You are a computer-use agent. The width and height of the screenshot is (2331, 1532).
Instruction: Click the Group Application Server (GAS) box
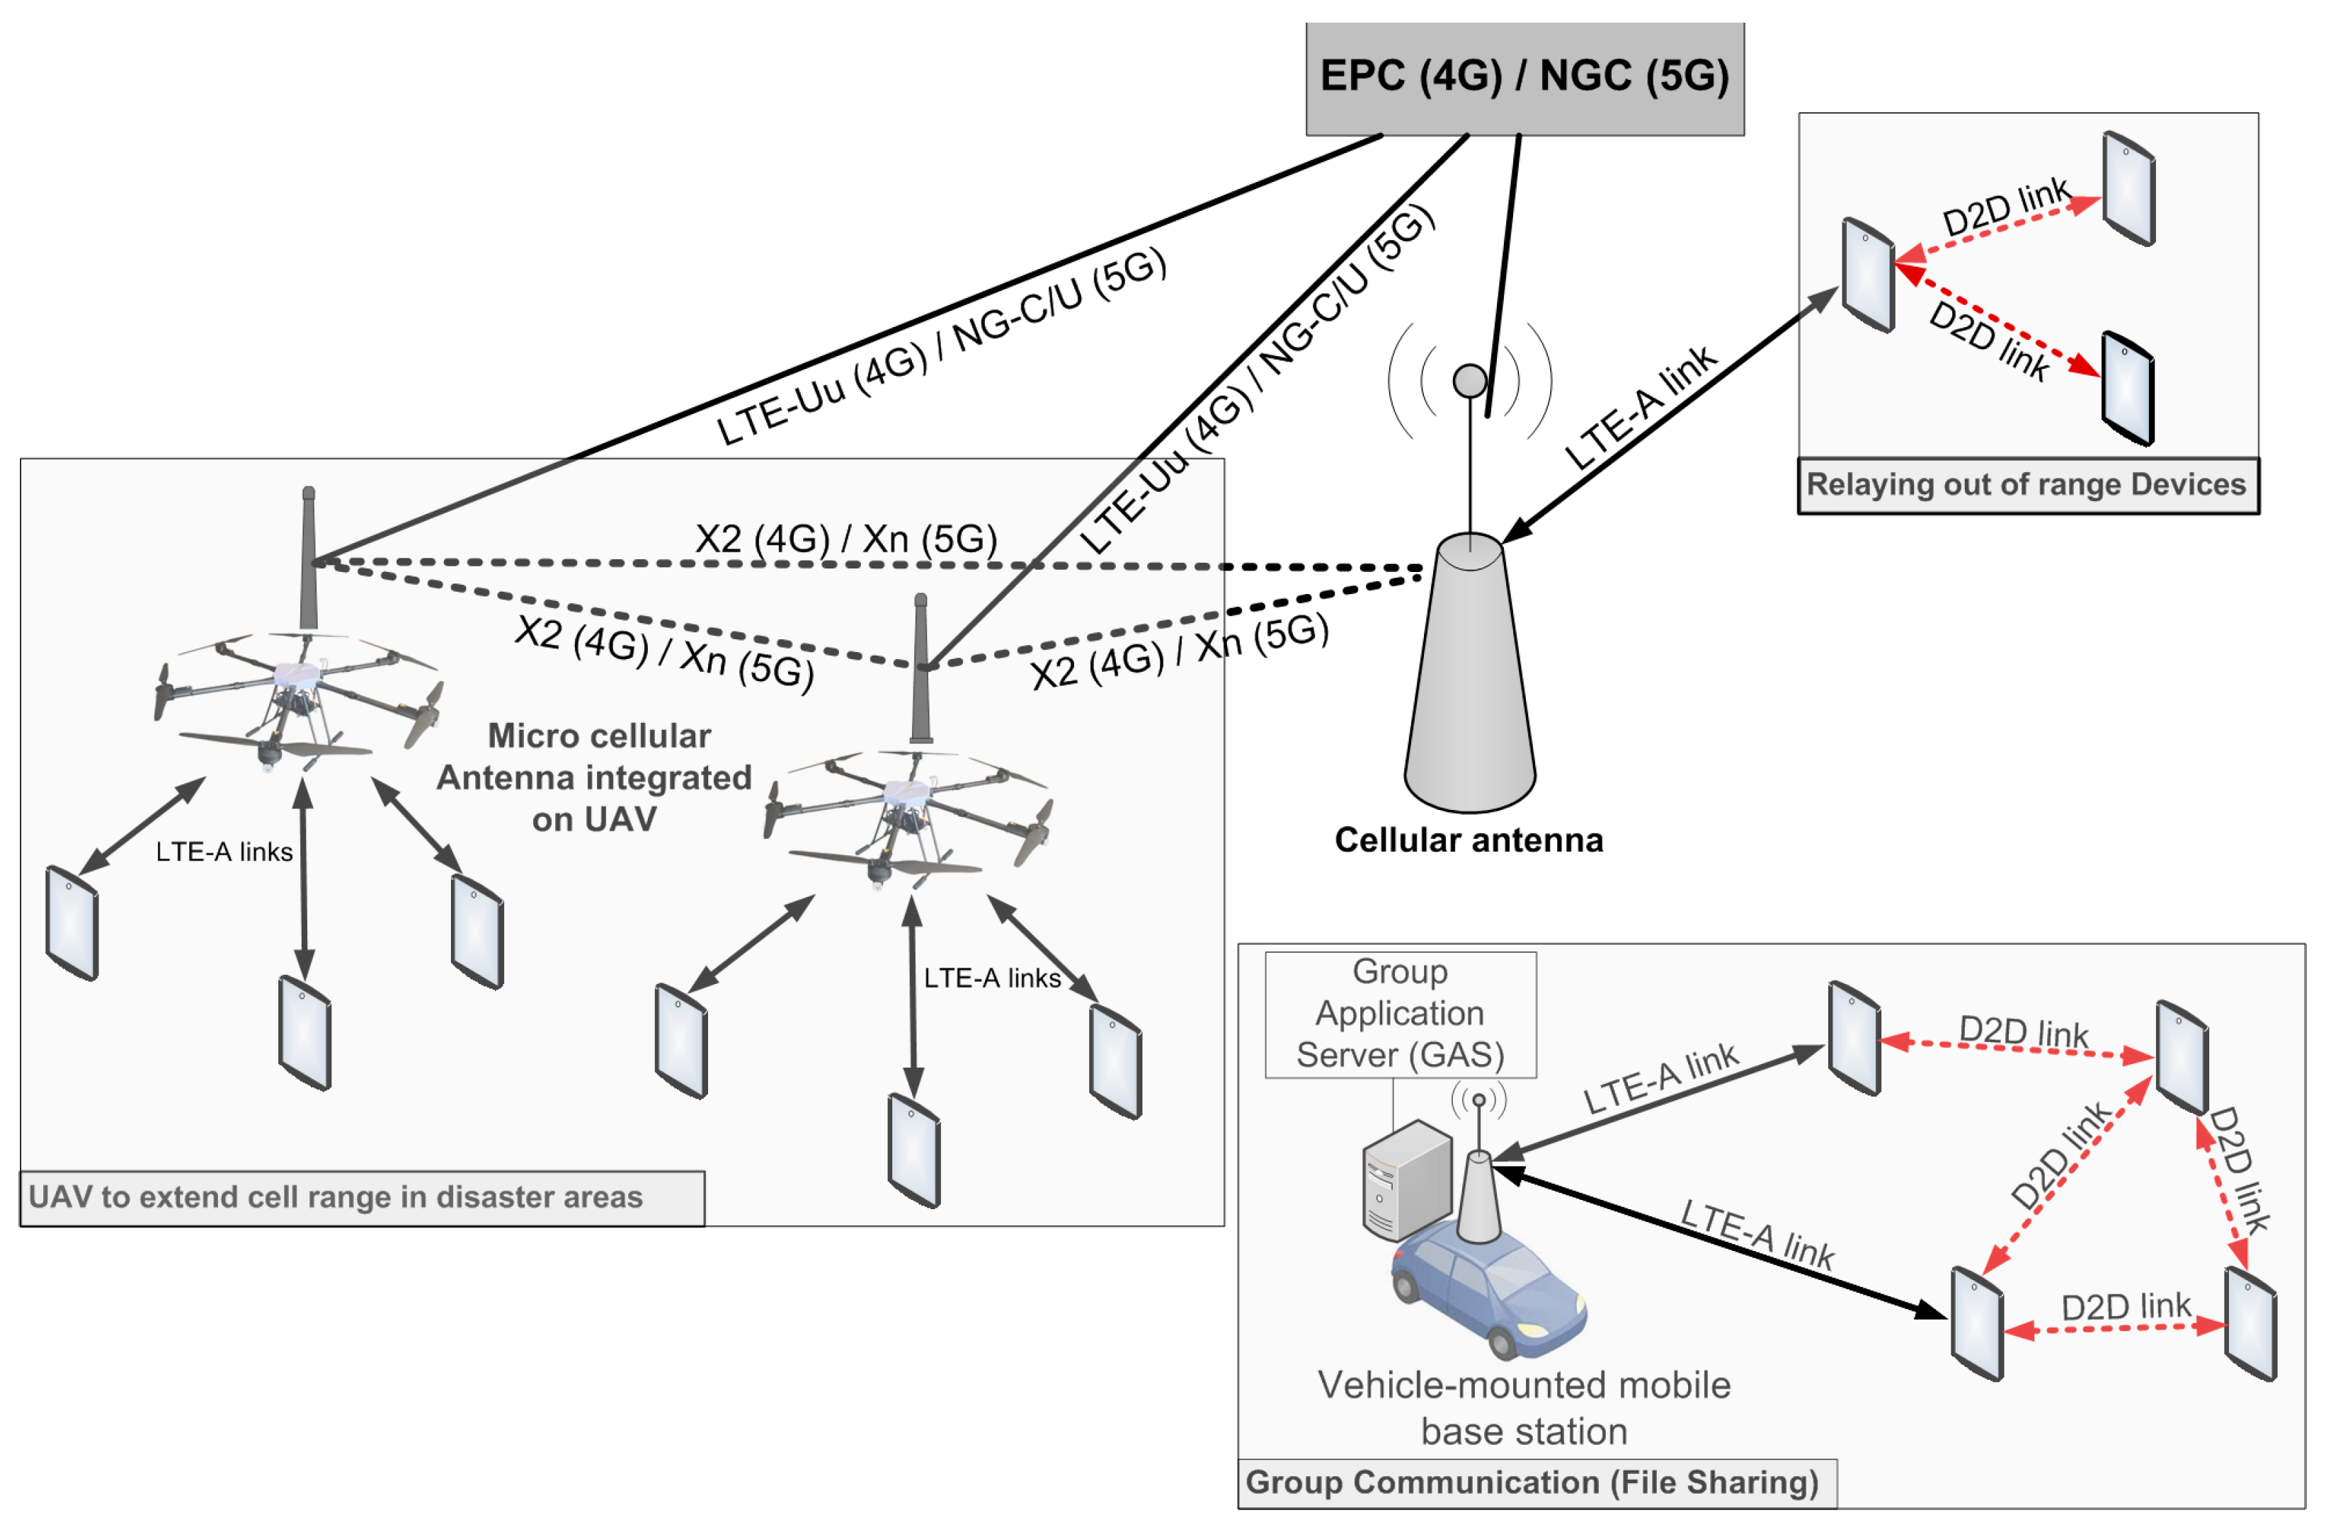[1400, 1014]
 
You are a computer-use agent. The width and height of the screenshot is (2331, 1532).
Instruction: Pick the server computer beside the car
[1406, 1180]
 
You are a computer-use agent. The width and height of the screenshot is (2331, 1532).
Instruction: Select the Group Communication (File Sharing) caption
[1532, 1482]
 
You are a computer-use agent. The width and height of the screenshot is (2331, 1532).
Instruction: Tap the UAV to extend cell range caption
[336, 1197]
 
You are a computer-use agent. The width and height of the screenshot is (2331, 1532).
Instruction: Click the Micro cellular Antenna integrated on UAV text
[595, 778]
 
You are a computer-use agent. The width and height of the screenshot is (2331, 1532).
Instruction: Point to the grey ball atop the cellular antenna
[1470, 380]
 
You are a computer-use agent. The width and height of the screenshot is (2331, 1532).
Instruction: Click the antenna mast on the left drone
[309, 559]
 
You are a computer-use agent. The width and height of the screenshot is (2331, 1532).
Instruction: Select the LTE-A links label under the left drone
[224, 852]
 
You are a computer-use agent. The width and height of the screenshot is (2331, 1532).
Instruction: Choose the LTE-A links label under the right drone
[992, 978]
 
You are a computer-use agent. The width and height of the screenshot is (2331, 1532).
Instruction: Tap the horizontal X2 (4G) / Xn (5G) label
[846, 539]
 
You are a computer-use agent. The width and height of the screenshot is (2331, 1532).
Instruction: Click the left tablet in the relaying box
[1868, 276]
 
